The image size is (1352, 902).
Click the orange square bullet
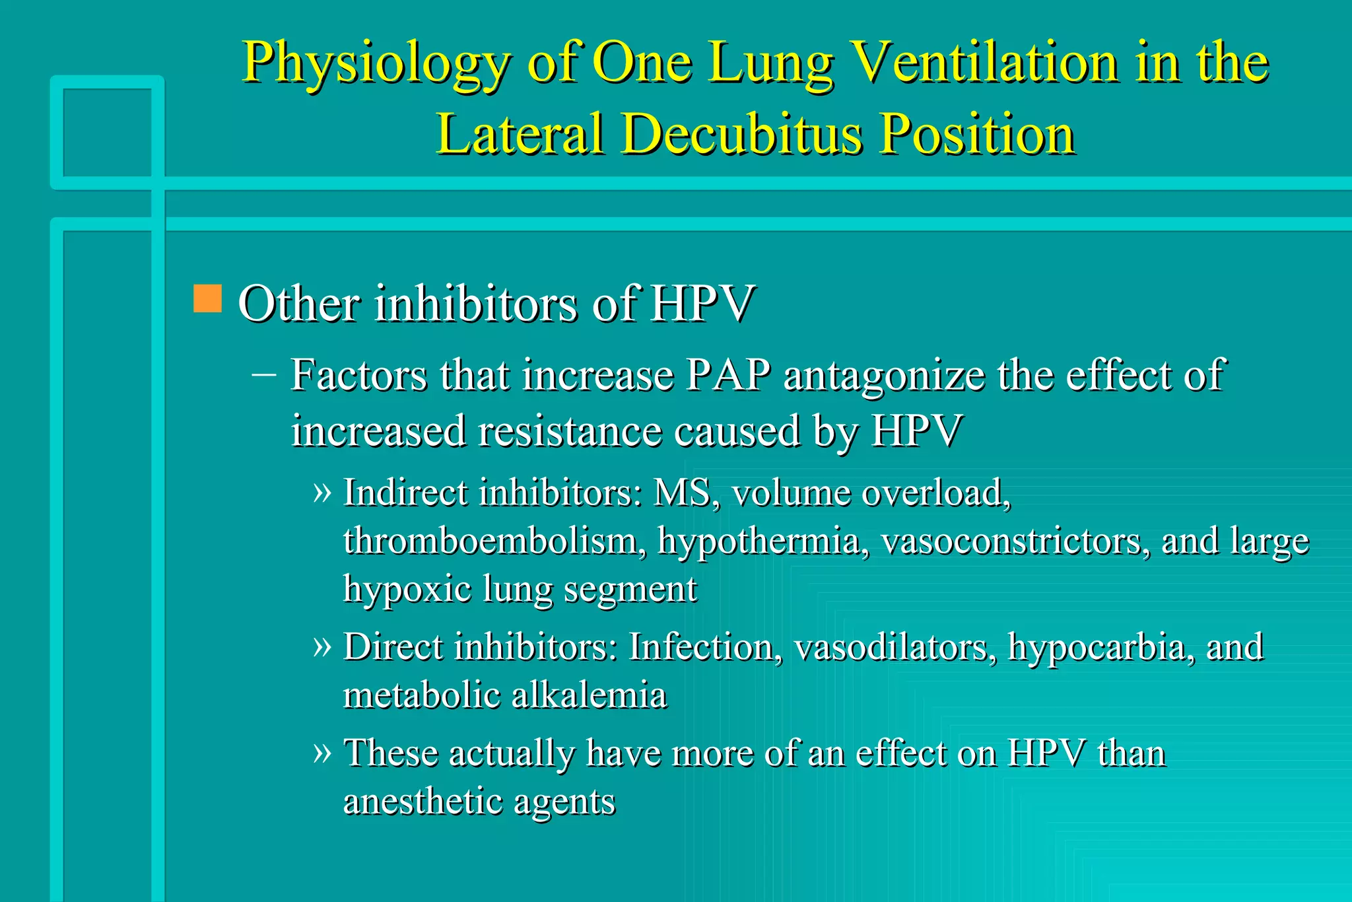coord(207,298)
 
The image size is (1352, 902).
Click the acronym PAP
coord(728,375)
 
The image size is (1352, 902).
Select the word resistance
coord(569,431)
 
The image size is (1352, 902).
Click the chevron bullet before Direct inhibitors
coord(321,646)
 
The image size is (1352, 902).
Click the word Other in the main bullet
coord(299,304)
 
